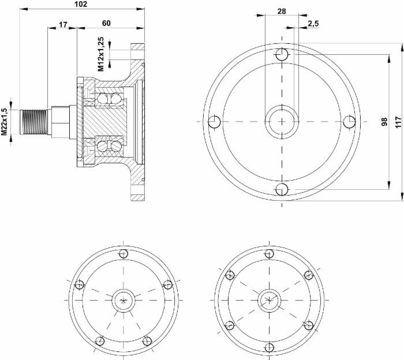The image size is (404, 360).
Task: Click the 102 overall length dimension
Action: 81,4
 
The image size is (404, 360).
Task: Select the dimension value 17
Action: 63,24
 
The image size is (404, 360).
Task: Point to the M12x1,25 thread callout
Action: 101,54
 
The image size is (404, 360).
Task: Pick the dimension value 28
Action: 281,11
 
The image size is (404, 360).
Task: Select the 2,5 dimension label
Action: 314,24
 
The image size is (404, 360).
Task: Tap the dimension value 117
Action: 398,122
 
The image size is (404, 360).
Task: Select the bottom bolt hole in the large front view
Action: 282,189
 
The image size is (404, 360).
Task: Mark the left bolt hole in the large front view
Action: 214,122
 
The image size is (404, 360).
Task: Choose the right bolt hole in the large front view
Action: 349,122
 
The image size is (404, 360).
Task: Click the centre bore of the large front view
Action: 282,122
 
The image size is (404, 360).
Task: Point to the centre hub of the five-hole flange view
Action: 123,299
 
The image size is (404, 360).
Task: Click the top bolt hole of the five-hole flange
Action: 123,254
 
